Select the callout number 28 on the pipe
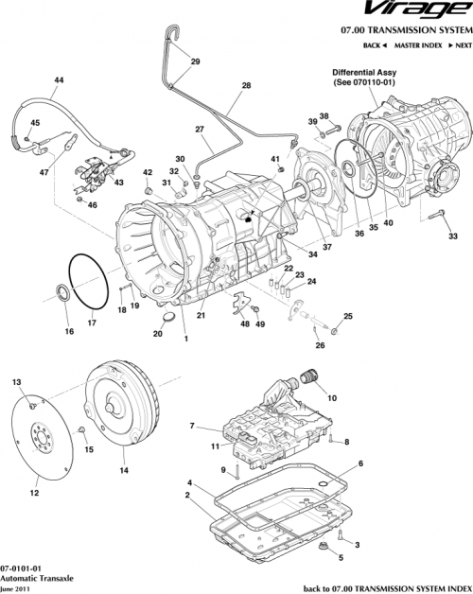(246, 86)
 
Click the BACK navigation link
(375, 45)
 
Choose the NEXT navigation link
(460, 45)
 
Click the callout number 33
(452, 236)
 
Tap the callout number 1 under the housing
(185, 339)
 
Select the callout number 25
(347, 316)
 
